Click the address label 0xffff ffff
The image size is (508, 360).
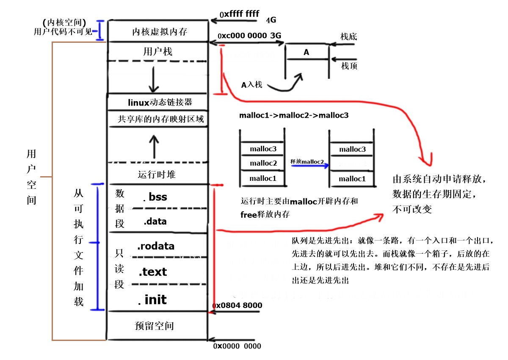tap(239, 14)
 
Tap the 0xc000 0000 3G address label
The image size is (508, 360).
tap(249, 36)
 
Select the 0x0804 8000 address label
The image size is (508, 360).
tap(237, 305)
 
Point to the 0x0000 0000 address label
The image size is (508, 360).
tap(237, 346)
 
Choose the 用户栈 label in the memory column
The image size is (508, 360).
tap(158, 52)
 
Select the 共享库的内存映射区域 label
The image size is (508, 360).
tap(160, 119)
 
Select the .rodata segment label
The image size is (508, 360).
tap(155, 246)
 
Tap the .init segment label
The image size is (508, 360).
tap(152, 300)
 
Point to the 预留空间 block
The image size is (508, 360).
tap(154, 326)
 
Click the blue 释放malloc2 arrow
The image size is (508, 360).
tap(308, 166)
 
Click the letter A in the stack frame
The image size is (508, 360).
tap(306, 53)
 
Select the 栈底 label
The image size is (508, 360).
tap(349, 37)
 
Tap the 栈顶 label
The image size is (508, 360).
tap(349, 66)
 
